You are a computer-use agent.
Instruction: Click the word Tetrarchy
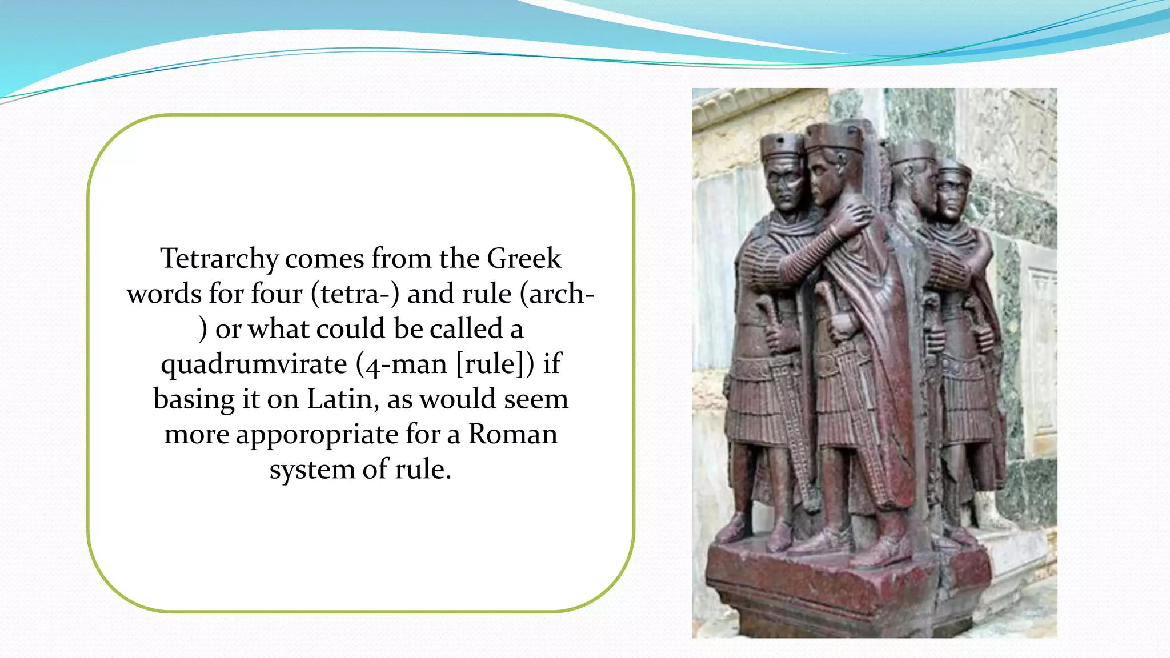click(x=219, y=259)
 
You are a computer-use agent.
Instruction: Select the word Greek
click(x=524, y=259)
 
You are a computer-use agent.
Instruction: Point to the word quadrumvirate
click(x=254, y=364)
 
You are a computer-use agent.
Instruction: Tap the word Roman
click(x=512, y=434)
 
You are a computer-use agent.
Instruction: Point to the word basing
click(x=194, y=399)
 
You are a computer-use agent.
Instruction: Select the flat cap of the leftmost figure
click(x=781, y=146)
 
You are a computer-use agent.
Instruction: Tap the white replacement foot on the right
click(x=991, y=514)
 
